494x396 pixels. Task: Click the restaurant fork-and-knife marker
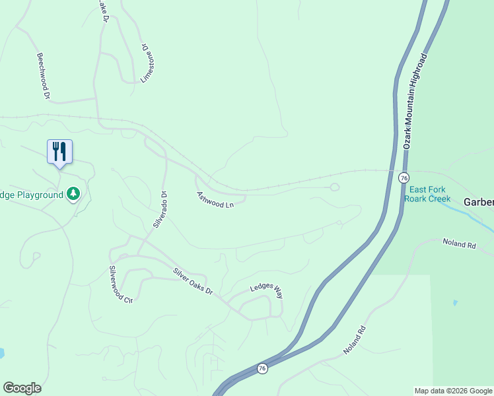pos(59,152)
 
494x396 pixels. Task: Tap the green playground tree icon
pos(73,194)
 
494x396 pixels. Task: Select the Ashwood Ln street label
pos(215,200)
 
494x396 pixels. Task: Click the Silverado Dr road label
pos(160,209)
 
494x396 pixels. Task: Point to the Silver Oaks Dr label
pos(194,281)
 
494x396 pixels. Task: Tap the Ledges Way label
pos(266,291)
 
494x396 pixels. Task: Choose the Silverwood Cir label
pos(122,284)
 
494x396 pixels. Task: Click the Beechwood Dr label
pos(44,77)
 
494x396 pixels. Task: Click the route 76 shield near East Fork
pos(404,178)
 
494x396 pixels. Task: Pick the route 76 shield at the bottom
pos(262,368)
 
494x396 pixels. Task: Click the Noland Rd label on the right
pos(459,244)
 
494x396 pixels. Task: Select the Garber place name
pos(478,202)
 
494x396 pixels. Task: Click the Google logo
pos(22,388)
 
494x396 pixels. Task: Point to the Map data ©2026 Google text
pos(453,391)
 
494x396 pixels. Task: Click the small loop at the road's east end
pos(334,187)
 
